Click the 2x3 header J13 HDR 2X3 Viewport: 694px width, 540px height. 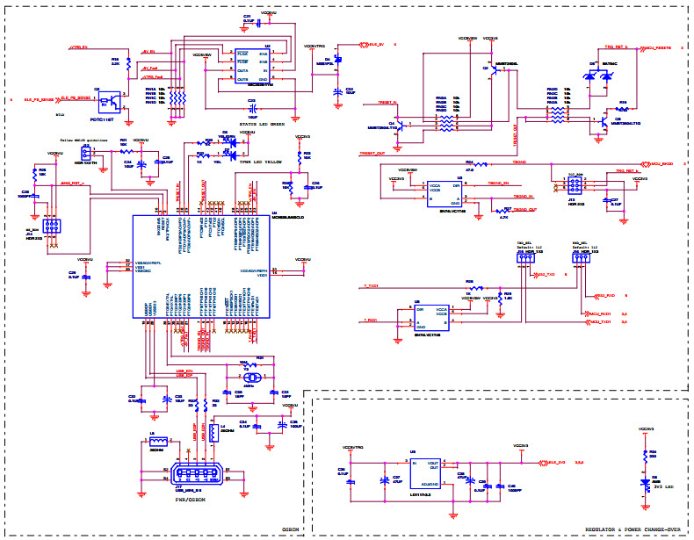point(572,184)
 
